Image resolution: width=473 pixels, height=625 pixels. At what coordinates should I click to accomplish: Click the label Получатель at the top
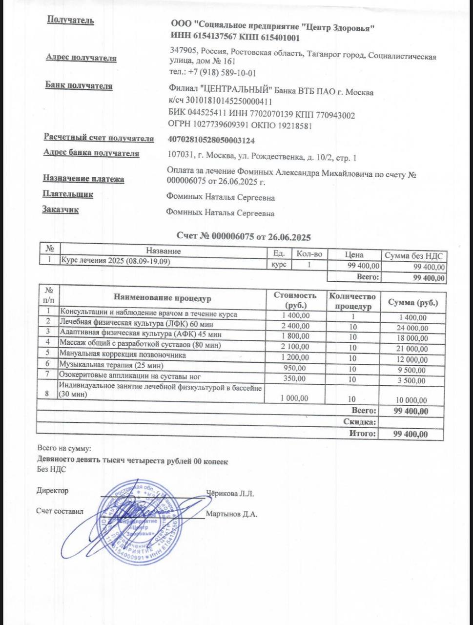[70, 21]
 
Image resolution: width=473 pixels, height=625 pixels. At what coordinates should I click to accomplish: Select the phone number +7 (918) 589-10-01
[222, 73]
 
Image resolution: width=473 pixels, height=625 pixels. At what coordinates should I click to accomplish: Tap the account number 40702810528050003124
[211, 141]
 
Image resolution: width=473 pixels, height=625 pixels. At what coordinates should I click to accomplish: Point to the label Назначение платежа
[83, 179]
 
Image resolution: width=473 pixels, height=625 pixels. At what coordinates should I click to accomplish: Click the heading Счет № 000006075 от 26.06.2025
[244, 237]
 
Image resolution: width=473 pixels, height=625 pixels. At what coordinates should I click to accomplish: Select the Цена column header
[354, 254]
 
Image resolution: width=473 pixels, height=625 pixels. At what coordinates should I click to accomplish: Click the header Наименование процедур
[163, 297]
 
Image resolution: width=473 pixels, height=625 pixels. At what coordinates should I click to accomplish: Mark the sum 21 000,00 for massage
[412, 349]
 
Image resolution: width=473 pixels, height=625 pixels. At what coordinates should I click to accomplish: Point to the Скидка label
[359, 422]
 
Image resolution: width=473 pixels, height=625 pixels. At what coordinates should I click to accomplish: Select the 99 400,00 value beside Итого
[411, 434]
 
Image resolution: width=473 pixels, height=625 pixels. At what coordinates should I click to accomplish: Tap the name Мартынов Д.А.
[231, 514]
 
